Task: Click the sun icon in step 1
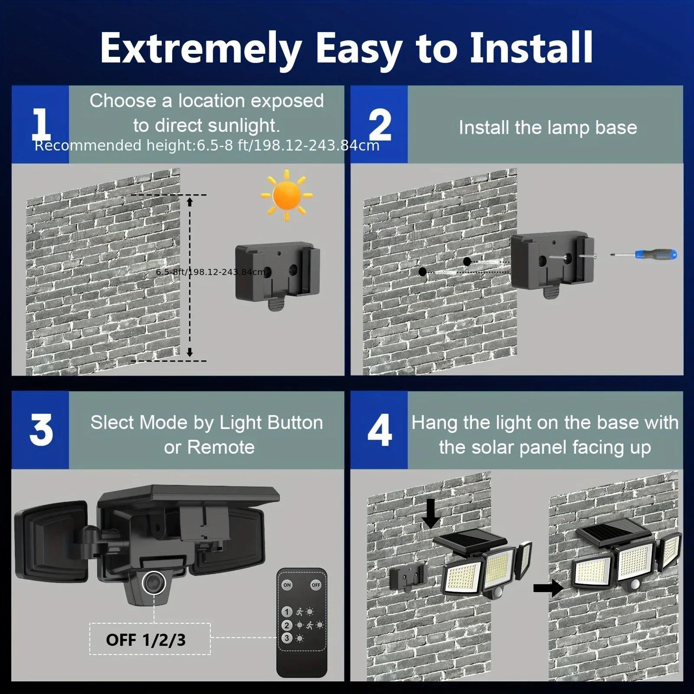(286, 196)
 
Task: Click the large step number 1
(41, 124)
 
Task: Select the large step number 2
(380, 124)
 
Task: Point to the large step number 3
(41, 430)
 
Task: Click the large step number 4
(380, 430)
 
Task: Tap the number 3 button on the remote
(286, 638)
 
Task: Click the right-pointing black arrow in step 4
(548, 588)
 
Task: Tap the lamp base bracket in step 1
(278, 274)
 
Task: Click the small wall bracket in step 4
(408, 577)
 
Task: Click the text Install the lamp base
(547, 128)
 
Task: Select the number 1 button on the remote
(286, 612)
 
